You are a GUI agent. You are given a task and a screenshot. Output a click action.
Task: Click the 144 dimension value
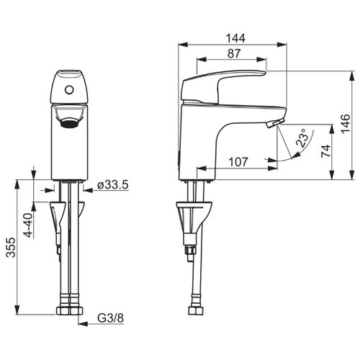coord(235,38)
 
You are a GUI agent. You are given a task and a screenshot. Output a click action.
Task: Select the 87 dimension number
coord(234,53)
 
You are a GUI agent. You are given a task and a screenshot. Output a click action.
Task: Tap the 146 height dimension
coord(346,124)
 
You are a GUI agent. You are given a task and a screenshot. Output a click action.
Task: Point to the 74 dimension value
coord(325,151)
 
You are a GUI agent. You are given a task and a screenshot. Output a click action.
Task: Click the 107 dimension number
coord(238,162)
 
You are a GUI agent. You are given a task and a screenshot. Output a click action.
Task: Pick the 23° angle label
coord(302,138)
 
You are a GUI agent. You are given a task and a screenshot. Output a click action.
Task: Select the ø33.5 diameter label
coord(113,185)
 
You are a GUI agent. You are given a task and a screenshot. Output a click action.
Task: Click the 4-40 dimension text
coord(29,225)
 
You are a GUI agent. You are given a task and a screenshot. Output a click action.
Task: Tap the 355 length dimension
coord(11,248)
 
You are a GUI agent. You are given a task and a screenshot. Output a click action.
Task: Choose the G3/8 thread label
coord(110,318)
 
